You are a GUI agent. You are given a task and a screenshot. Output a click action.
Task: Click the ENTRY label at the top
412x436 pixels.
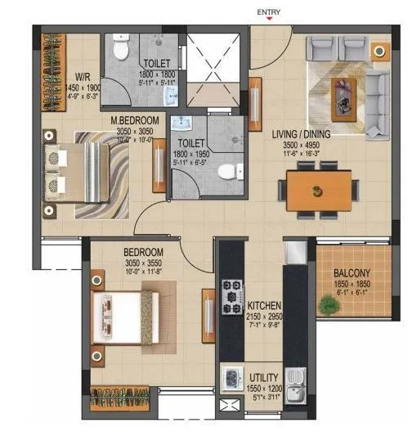tap(269, 12)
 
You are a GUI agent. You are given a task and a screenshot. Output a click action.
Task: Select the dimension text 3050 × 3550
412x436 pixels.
tap(143, 263)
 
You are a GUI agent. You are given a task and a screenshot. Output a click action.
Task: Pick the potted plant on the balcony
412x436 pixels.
tap(328, 306)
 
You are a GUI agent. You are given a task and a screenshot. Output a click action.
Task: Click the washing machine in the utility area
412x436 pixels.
tap(231, 380)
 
